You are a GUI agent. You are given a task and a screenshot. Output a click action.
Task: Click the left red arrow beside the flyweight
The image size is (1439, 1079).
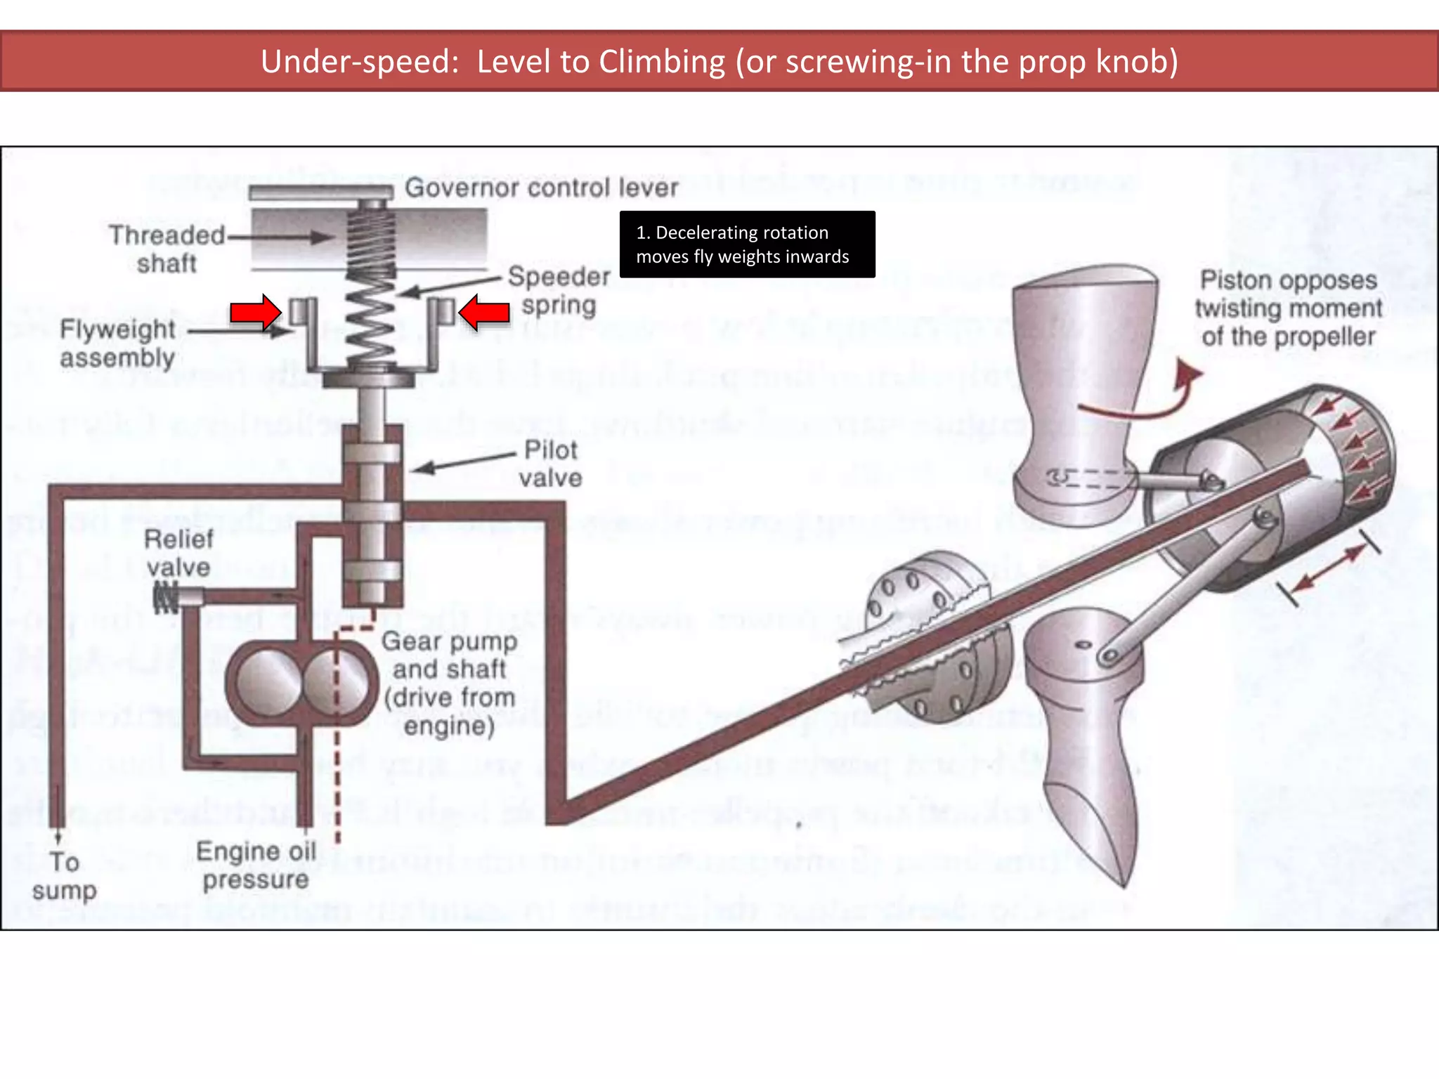[x=256, y=312]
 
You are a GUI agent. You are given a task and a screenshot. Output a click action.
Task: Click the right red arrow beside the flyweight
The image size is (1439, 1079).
[x=484, y=312]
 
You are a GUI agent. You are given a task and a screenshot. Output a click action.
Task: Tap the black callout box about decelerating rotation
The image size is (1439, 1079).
[x=747, y=244]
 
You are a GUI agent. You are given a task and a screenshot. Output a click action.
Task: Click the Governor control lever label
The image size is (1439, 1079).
[x=541, y=188]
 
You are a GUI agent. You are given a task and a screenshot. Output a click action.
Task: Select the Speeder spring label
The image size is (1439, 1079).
[x=559, y=290]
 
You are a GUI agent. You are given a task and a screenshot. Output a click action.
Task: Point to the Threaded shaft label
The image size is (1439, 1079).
[x=167, y=249]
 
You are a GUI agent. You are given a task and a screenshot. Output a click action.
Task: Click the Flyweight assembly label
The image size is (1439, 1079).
[x=117, y=343]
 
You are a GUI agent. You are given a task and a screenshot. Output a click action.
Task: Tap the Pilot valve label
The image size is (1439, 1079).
[x=551, y=464]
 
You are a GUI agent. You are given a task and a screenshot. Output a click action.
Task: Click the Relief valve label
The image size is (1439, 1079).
[x=178, y=553]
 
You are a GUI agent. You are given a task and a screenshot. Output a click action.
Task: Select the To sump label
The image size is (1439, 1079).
[x=64, y=875]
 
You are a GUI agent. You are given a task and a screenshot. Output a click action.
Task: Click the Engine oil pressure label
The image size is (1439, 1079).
[x=256, y=865]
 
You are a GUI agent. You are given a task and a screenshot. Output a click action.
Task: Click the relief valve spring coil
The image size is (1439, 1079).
[x=166, y=597]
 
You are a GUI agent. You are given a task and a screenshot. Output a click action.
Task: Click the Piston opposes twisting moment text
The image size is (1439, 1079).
[x=1288, y=308]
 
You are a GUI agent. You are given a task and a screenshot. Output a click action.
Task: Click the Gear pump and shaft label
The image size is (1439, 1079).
[x=450, y=683]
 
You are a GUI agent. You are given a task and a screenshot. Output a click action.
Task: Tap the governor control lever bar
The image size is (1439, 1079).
[x=320, y=192]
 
